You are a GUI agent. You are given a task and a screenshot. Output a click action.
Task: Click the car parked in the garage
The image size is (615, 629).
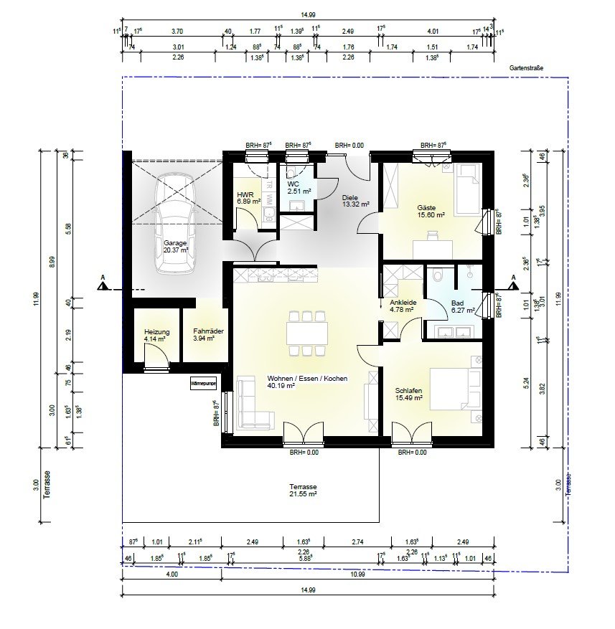(x=175, y=224)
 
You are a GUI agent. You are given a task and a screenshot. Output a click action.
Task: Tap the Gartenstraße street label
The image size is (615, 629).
(x=527, y=68)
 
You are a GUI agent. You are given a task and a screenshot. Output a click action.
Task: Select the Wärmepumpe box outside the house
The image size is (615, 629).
(x=203, y=384)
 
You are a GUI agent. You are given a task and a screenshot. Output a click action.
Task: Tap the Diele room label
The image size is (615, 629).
(x=350, y=199)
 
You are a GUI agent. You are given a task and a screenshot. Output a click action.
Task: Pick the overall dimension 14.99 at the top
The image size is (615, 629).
(x=309, y=22)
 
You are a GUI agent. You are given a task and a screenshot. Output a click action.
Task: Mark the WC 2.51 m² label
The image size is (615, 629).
(x=298, y=186)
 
